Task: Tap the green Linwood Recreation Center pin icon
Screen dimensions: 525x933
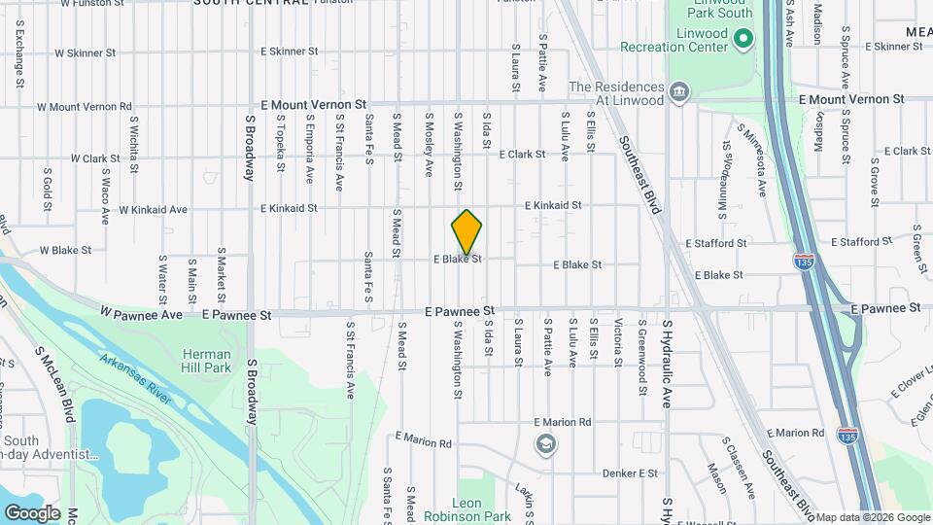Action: (x=743, y=40)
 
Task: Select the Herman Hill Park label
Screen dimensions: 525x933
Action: (x=206, y=361)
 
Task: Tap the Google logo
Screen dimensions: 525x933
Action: (x=32, y=512)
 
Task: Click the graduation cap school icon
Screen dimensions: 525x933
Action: (x=547, y=444)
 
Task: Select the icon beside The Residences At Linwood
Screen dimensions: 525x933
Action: (x=679, y=93)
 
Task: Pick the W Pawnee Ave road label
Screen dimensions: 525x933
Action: (x=142, y=314)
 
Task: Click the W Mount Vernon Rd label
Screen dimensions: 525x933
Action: (x=85, y=107)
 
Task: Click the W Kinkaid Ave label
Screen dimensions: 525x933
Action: (x=153, y=209)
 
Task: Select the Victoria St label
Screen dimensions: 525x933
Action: (x=618, y=342)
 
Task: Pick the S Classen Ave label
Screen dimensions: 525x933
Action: (x=741, y=468)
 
